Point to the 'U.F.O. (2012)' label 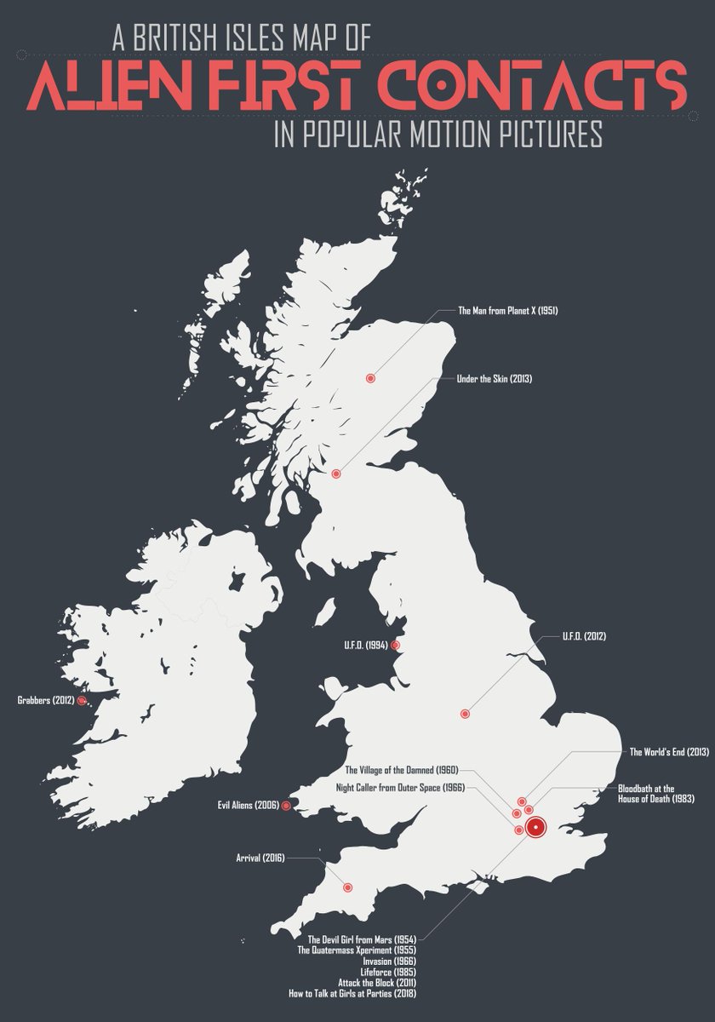pos(584,636)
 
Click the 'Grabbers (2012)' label pos(44,701)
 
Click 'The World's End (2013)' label pos(669,752)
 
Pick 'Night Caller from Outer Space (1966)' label pos(400,788)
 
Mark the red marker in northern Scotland pos(370,378)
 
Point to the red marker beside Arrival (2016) pos(347,887)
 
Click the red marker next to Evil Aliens pos(286,805)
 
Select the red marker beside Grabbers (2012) pos(82,701)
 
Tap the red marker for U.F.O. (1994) pos(394,646)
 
